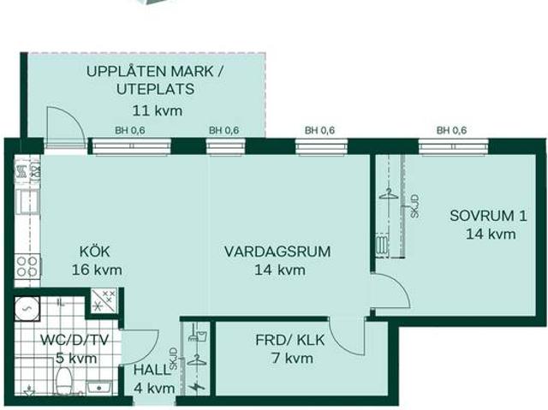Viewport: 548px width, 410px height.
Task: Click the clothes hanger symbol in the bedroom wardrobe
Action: tap(388, 193)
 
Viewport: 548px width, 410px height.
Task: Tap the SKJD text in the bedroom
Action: tap(414, 208)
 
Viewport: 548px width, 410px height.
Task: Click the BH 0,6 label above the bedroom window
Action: tap(451, 130)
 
